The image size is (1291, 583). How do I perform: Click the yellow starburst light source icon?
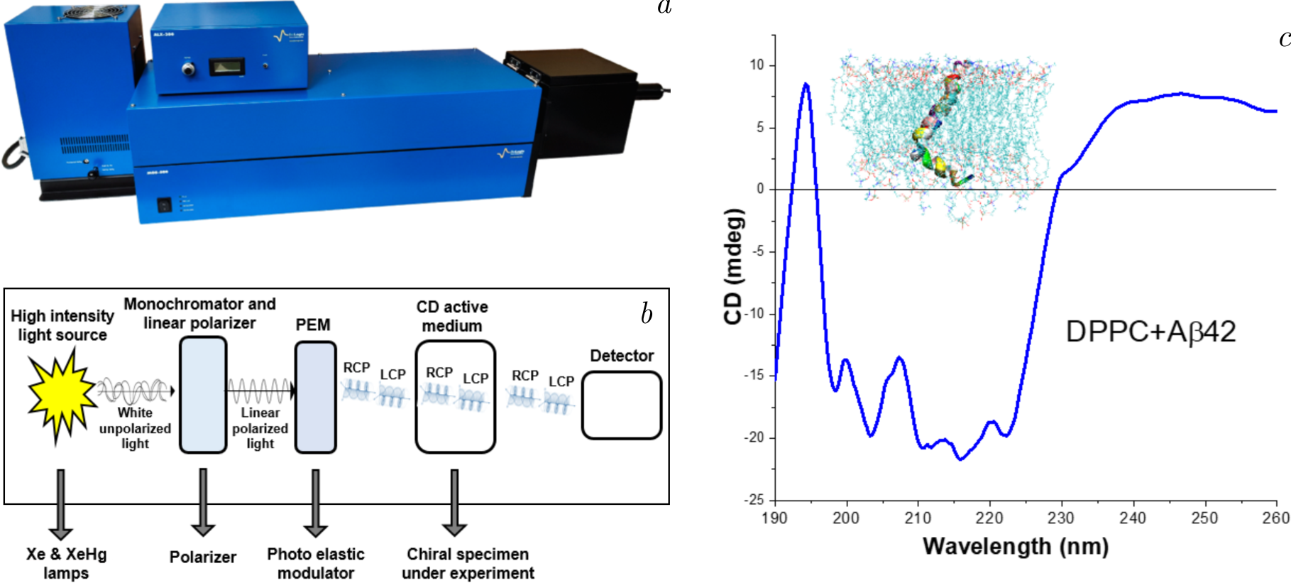click(x=61, y=395)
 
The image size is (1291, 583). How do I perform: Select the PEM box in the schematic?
click(x=315, y=397)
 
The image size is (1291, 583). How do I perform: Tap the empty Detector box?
click(x=622, y=405)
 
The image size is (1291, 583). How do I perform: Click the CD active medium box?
click(x=455, y=397)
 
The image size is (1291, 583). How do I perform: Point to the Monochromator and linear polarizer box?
click(x=203, y=395)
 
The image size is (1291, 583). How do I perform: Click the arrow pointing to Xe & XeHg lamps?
click(x=61, y=503)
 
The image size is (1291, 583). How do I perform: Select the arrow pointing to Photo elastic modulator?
click(x=315, y=502)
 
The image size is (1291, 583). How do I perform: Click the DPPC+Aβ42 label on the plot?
click(x=1150, y=332)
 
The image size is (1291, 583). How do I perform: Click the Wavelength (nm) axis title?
click(x=1015, y=546)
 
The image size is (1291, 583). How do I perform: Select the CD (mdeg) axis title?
click(x=733, y=266)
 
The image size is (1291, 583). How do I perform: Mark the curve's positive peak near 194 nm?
click(x=806, y=85)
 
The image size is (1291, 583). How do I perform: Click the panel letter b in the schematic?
click(x=646, y=314)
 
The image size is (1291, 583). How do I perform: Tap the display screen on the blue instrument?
click(x=226, y=67)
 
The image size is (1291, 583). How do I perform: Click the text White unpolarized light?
click(x=135, y=428)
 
